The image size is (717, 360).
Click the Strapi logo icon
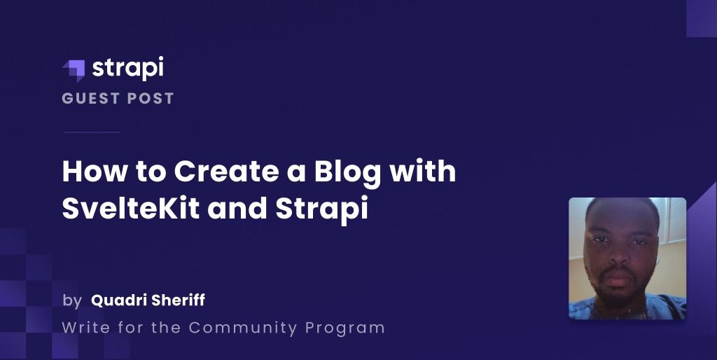pyautogui.click(x=74, y=69)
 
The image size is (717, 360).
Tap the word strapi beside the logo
pyautogui.click(x=127, y=68)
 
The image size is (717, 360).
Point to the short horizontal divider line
pyautogui.click(x=92, y=132)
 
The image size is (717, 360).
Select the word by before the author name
pyautogui.click(x=71, y=301)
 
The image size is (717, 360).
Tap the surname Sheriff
pyautogui.click(x=178, y=300)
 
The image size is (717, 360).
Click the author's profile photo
pyautogui.click(x=627, y=258)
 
